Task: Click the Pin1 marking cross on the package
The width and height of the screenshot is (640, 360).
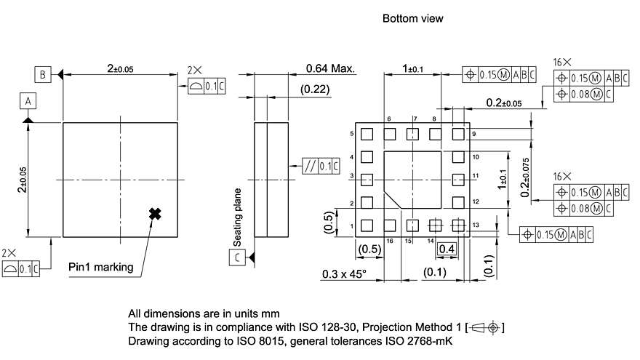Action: pyautogui.click(x=154, y=213)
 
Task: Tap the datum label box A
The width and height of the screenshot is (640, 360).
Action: pyautogui.click(x=28, y=100)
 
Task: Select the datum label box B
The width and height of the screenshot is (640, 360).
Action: pyautogui.click(x=43, y=73)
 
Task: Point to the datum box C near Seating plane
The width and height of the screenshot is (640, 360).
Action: pyautogui.click(x=238, y=257)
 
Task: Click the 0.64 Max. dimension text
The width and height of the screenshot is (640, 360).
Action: pyautogui.click(x=329, y=69)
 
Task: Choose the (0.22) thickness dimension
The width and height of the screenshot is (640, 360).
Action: pyautogui.click(x=315, y=89)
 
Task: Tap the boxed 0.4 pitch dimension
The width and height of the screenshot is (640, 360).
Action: pyautogui.click(x=447, y=249)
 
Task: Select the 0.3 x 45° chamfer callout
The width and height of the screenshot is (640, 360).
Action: pyautogui.click(x=344, y=274)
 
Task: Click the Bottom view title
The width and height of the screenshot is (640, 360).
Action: pyautogui.click(x=412, y=18)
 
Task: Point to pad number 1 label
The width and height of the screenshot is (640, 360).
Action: pyautogui.click(x=352, y=226)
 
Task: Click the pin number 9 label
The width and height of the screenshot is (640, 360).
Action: pyautogui.click(x=473, y=135)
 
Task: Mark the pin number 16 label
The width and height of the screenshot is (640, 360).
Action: pyautogui.click(x=390, y=239)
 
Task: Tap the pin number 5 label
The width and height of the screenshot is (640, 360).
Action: pyautogui.click(x=352, y=134)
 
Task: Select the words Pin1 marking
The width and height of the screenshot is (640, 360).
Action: pyautogui.click(x=101, y=267)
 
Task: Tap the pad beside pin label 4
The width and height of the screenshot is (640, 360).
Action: pyautogui.click(x=367, y=156)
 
